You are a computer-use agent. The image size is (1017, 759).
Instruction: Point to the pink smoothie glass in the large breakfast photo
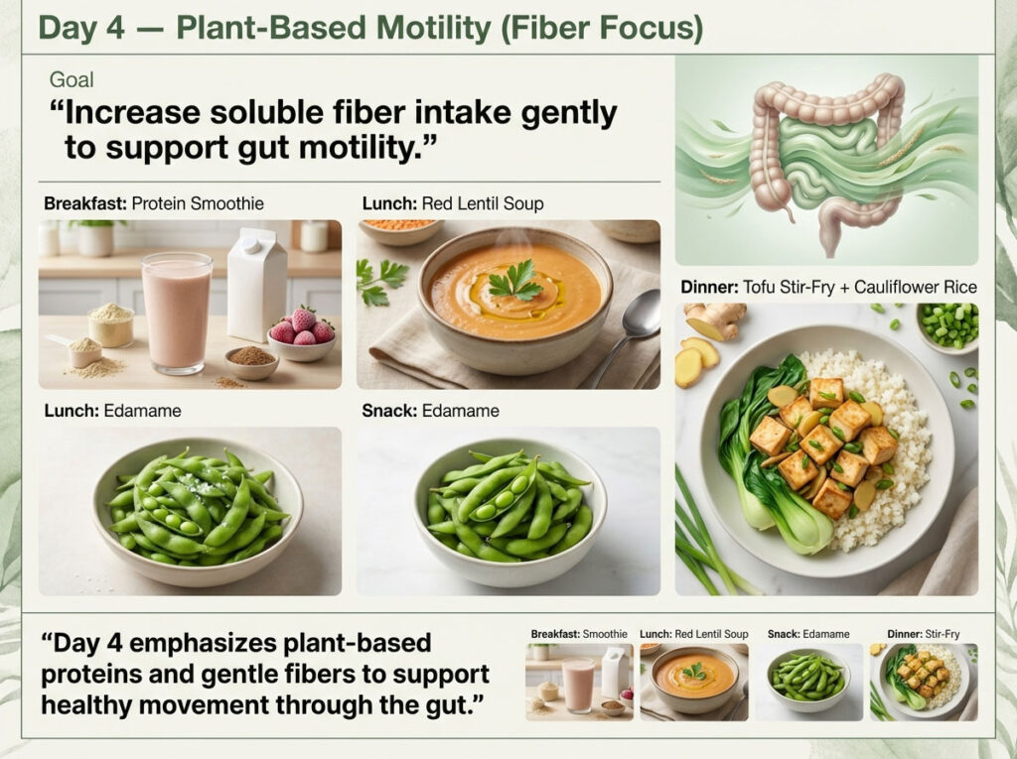(177, 311)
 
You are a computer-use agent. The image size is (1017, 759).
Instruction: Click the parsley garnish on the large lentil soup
(514, 281)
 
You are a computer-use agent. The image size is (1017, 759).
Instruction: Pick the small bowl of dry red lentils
(400, 229)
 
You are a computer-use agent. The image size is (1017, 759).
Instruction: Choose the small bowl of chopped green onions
(947, 326)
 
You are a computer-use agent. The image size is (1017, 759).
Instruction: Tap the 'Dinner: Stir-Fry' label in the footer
(922, 633)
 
